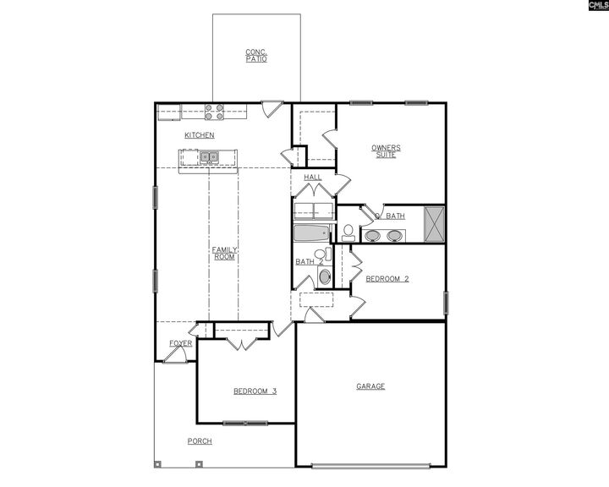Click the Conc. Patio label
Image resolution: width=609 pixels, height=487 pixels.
point(256,55)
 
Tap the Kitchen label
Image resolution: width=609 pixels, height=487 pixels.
point(200,135)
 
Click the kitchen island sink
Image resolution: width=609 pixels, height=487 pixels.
point(209,156)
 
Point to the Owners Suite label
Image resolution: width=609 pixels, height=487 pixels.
point(386,151)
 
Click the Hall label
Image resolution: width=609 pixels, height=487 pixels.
point(312,178)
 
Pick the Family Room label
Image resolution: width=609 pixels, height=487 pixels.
point(224,253)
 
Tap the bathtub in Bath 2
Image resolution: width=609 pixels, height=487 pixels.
point(314,233)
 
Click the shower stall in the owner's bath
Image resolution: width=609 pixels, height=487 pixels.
point(435,225)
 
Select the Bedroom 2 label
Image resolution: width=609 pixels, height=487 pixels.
point(387,278)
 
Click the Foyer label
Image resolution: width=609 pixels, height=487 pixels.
point(180,343)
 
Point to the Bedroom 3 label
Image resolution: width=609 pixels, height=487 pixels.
point(255,391)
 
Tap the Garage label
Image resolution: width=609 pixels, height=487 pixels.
point(370,386)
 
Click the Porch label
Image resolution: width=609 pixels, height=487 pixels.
point(200,441)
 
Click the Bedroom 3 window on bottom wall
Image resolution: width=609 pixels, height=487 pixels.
point(245,422)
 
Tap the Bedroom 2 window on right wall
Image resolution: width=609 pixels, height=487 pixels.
point(445,303)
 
